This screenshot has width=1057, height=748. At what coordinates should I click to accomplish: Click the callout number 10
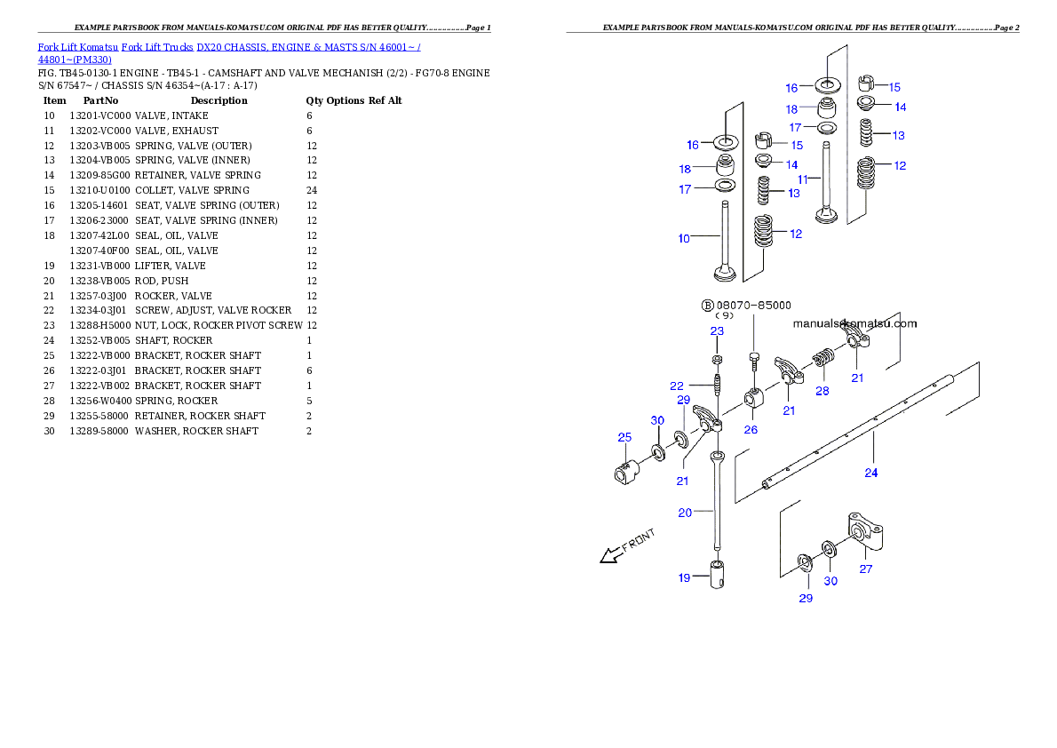684,238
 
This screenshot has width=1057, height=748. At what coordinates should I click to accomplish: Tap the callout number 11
802,179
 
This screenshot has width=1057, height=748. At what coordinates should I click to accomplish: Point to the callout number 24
871,473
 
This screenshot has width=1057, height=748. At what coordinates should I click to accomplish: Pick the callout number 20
685,512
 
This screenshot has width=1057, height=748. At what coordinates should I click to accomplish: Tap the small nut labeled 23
717,359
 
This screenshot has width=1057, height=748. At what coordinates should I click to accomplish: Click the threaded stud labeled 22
717,387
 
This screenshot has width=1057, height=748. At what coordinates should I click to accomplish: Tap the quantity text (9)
724,315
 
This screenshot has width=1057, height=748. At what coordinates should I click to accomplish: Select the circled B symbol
708,305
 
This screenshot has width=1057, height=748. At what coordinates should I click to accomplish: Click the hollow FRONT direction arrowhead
608,556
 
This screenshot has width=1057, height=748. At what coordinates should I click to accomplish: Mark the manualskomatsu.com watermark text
854,324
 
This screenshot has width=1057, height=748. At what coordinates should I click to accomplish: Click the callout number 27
865,569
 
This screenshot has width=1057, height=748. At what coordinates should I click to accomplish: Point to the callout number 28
823,390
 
